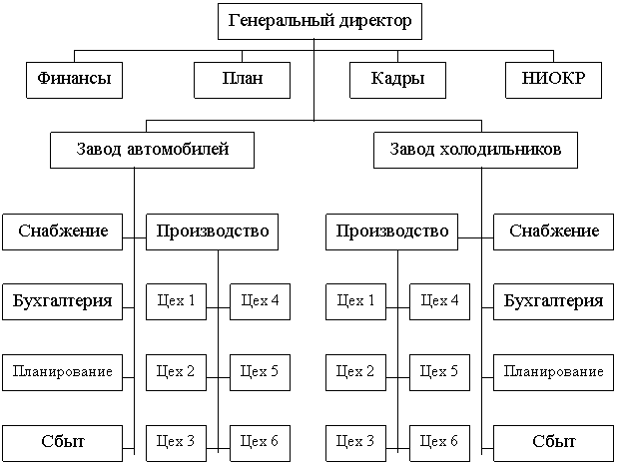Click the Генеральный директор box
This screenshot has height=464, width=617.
pos(319,22)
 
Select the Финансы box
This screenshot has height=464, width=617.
pos(74,80)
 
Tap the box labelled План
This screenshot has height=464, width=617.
pos(244,80)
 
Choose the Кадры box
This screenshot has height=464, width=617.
pos(395,80)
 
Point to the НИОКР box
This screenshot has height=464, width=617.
pos(554,80)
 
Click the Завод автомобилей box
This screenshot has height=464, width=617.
pos(153,150)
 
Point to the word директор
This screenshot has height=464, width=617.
pos(371,22)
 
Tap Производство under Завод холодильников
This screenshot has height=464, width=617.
pos(390,232)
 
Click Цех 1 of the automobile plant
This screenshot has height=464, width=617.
pos(177,300)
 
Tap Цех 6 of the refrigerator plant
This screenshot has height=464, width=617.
pos(439,441)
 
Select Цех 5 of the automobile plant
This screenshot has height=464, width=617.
pos(260,372)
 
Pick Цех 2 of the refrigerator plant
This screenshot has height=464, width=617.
pos(356,372)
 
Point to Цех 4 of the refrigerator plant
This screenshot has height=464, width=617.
pos(439,300)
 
